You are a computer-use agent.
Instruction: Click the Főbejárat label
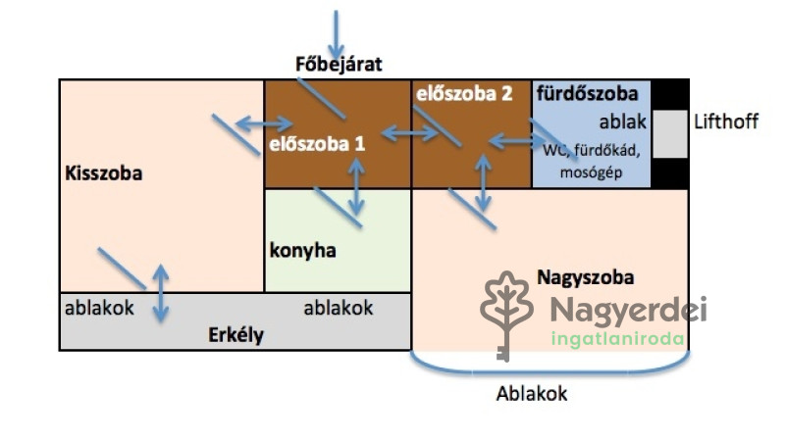pyautogui.click(x=338, y=66)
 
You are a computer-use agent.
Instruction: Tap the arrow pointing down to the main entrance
pyautogui.click(x=337, y=33)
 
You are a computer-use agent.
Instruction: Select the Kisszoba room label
pyautogui.click(x=104, y=174)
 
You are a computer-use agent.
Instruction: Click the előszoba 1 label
pyautogui.click(x=317, y=143)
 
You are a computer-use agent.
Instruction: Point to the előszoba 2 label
pyautogui.click(x=464, y=94)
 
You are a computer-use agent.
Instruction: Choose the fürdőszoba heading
pyautogui.click(x=593, y=94)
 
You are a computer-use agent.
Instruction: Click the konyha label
pyautogui.click(x=302, y=250)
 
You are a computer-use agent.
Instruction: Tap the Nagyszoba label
pyautogui.click(x=585, y=277)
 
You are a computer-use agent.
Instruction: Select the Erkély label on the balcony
pyautogui.click(x=236, y=334)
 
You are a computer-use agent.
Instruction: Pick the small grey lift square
pyautogui.click(x=670, y=133)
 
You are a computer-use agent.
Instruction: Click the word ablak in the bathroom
pyautogui.click(x=622, y=122)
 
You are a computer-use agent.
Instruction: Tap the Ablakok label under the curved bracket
pyautogui.click(x=532, y=394)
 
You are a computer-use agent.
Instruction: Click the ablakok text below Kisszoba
pyautogui.click(x=100, y=308)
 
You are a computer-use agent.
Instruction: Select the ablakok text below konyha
pyautogui.click(x=339, y=308)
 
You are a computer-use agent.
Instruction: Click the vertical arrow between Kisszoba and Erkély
pyautogui.click(x=160, y=292)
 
